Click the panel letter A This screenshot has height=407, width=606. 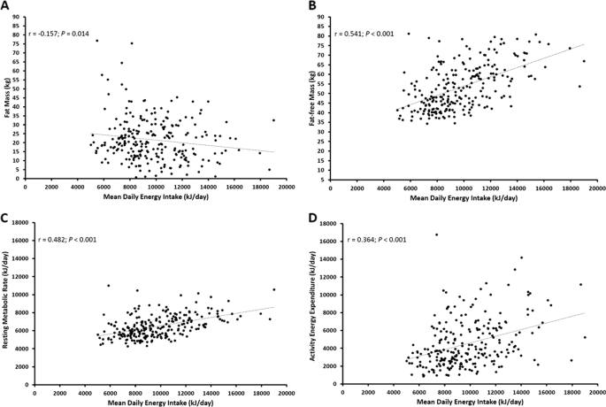point(7,6)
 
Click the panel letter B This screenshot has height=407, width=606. point(312,6)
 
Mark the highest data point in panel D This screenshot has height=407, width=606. point(435,234)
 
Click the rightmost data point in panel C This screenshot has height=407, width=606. point(274,289)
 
